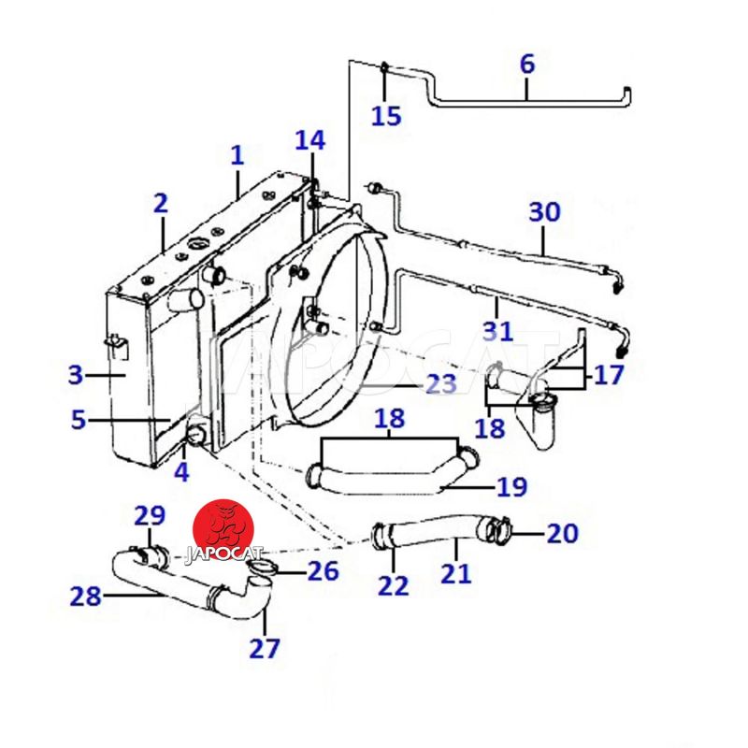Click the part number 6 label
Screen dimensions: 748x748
point(527,65)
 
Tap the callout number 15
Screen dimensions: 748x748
point(385,116)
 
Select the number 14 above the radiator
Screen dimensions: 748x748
point(310,140)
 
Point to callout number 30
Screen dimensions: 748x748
point(544,211)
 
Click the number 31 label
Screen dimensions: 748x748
point(497,329)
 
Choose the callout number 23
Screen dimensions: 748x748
point(441,383)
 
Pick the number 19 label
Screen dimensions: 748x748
point(511,487)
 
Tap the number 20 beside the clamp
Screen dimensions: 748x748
point(562,534)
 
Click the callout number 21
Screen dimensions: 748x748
point(456,572)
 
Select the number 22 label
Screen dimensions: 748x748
point(394,585)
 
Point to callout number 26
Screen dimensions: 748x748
point(323,569)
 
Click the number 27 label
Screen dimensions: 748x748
point(264,647)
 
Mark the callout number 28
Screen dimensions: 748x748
point(85,596)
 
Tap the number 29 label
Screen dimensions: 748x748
point(150,515)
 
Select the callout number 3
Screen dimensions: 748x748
point(76,376)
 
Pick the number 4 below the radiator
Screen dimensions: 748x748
point(181,472)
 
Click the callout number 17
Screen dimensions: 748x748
point(608,376)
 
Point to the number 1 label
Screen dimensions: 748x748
point(237,155)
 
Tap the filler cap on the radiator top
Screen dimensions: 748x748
point(198,247)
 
